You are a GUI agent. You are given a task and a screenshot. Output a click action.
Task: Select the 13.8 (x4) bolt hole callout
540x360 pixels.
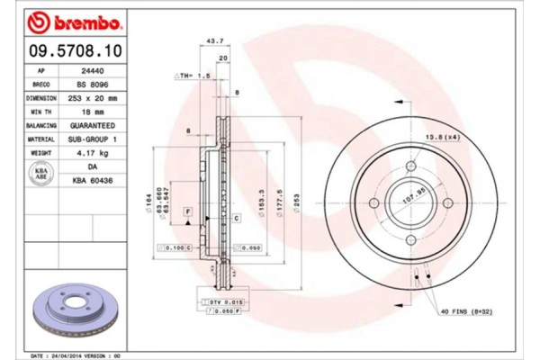pos(438,135)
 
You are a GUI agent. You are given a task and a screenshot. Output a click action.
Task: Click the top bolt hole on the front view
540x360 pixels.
pos(409,165)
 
